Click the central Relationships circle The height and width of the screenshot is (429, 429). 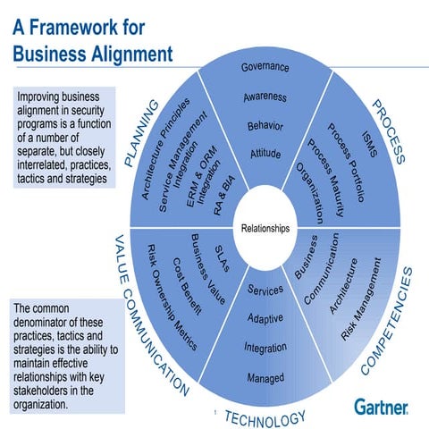(x=265, y=229)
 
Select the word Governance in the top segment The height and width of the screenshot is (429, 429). (x=265, y=68)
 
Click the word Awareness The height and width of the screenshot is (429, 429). (x=265, y=97)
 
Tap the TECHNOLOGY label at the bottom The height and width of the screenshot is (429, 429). (x=265, y=416)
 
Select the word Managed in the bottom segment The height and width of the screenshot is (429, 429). (x=265, y=379)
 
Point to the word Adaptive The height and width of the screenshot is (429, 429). (x=265, y=317)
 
